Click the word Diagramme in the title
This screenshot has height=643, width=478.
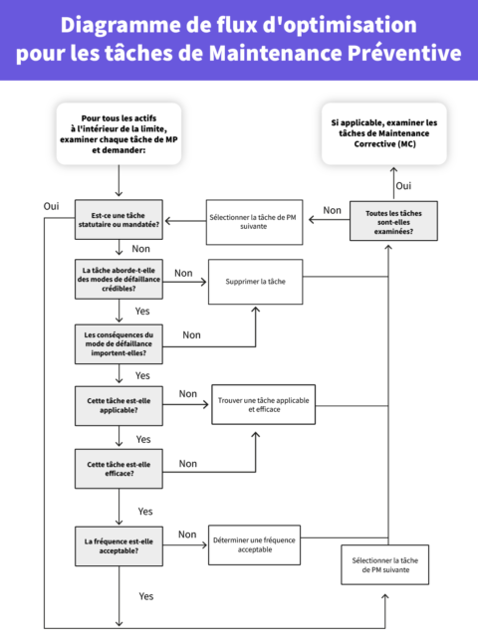pyautogui.click(x=108, y=25)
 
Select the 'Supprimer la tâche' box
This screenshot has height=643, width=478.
pyautogui.click(x=255, y=282)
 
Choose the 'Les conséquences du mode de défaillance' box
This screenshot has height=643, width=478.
pyautogui.click(x=119, y=343)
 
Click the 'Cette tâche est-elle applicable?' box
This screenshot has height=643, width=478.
pyautogui.click(x=119, y=406)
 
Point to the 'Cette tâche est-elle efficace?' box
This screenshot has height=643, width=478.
pyautogui.click(x=119, y=468)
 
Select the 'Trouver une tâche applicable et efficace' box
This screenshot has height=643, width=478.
pyautogui.click(x=263, y=404)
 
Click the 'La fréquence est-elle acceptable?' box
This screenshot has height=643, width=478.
pyautogui.click(x=119, y=545)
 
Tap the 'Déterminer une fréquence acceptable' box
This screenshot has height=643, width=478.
pyautogui.click(x=254, y=544)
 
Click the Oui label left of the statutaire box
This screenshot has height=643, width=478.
pyautogui.click(x=51, y=205)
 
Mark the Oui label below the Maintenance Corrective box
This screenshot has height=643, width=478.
pyautogui.click(x=403, y=185)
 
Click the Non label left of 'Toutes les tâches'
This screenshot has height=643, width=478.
pyautogui.click(x=332, y=210)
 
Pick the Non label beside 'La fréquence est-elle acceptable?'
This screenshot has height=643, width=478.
pyautogui.click(x=186, y=535)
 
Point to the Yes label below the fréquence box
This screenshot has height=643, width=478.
pyautogui.click(x=145, y=596)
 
